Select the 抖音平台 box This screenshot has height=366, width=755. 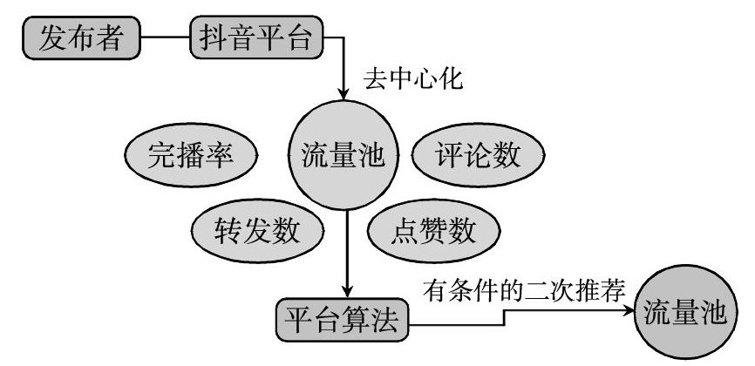tap(256, 38)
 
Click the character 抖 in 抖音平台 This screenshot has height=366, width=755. tap(213, 38)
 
